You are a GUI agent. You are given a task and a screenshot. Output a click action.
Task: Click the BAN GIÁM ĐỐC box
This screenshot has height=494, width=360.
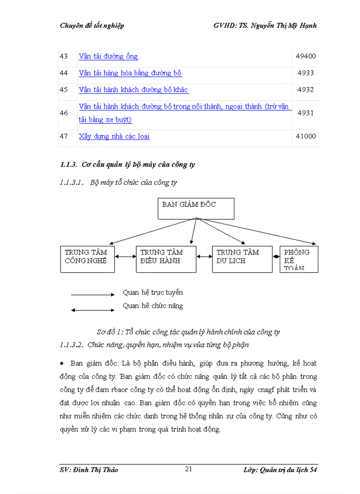[195, 208]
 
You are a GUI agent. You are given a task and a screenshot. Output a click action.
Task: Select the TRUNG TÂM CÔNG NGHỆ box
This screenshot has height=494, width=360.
[87, 259]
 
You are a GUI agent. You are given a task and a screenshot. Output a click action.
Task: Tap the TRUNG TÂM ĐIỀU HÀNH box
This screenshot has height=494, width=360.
[166, 259]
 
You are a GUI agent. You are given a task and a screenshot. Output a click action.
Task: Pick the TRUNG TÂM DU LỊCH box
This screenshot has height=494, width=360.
[242, 259]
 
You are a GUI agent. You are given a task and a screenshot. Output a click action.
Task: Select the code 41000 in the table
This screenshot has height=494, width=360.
[305, 137]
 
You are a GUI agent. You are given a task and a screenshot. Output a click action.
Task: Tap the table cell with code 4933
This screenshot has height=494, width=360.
[305, 73]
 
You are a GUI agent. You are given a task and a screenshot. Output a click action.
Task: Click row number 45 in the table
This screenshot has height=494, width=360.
[64, 90]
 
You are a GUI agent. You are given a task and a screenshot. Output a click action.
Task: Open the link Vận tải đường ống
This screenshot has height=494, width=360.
[109, 57]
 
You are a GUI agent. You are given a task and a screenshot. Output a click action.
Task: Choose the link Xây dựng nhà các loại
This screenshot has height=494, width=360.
[114, 137]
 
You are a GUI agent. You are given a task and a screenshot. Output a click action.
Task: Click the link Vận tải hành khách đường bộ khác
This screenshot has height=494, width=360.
[134, 90]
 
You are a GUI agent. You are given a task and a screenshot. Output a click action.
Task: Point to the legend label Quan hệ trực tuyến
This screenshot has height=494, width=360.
[153, 293]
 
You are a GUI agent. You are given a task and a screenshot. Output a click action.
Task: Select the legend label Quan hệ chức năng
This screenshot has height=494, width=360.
[153, 306]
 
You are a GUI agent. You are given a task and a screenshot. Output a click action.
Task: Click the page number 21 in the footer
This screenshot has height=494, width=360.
[189, 469]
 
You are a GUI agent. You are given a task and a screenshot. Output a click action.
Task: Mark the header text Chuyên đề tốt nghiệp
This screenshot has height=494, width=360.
[92, 25]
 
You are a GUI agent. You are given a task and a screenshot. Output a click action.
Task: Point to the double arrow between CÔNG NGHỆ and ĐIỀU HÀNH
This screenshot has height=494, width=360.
[125, 256]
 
